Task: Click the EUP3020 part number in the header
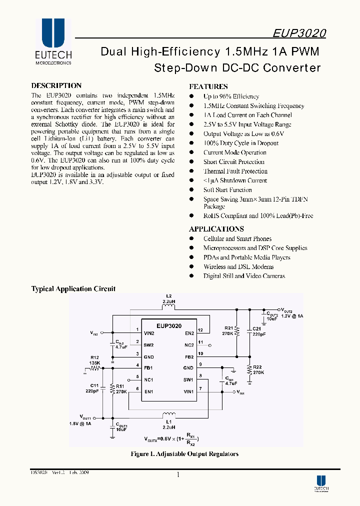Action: coord(299,33)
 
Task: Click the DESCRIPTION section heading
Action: coord(56,85)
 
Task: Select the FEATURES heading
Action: coord(208,86)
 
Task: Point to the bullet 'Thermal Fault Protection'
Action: coord(235,171)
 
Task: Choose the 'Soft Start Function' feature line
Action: coord(227,189)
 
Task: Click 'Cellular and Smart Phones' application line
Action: coord(237,238)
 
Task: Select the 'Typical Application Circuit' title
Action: coord(73,288)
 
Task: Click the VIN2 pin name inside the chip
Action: coord(149,333)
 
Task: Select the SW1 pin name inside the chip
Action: coord(188,380)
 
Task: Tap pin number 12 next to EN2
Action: coord(200,330)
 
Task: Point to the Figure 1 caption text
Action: coord(184,454)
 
